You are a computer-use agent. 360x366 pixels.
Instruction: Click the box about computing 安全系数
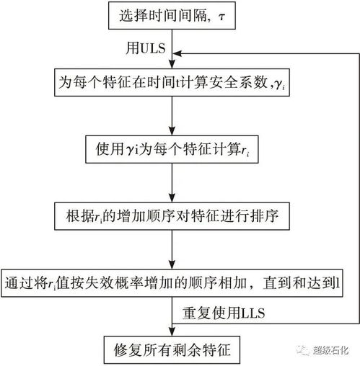(171, 84)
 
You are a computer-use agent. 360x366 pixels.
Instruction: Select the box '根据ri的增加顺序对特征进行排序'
(171, 214)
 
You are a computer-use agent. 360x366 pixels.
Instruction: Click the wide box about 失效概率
(172, 282)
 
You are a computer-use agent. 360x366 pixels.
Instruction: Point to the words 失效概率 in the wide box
(132, 282)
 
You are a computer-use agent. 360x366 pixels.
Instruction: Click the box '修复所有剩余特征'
(171, 347)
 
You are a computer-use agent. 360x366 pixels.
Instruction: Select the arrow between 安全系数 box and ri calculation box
(171, 115)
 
